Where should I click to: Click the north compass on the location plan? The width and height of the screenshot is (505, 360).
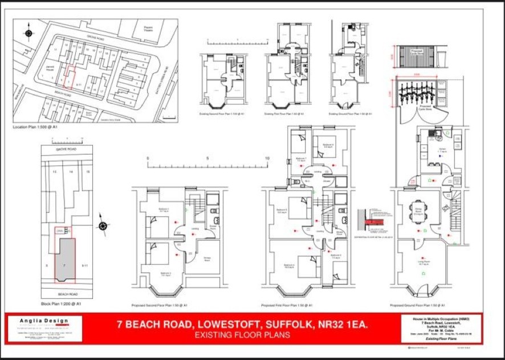tap(28, 33)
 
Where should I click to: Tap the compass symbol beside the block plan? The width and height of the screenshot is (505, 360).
tap(103, 226)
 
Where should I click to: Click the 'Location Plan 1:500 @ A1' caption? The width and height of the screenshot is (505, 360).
tap(35, 127)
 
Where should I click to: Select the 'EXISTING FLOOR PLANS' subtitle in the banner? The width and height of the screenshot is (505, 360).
tap(242, 335)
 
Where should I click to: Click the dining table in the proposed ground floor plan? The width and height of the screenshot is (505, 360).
tap(420, 209)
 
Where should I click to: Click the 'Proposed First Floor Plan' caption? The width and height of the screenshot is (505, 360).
tap(287, 305)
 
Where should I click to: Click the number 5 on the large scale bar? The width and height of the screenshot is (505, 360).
tap(207, 158)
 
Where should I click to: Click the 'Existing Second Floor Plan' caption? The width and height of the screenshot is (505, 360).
tap(223, 114)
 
